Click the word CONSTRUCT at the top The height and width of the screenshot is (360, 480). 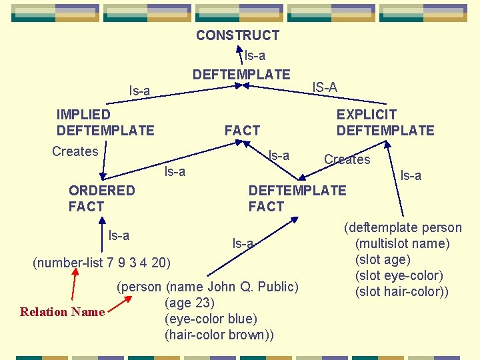[237, 35]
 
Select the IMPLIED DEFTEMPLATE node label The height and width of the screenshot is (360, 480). [105, 123]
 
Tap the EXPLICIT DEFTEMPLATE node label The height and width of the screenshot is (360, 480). [385, 123]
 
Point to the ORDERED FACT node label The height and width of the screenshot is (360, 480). [101, 199]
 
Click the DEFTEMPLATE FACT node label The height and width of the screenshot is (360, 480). [297, 199]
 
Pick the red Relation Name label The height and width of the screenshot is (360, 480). [63, 312]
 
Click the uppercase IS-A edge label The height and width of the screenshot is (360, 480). [325, 87]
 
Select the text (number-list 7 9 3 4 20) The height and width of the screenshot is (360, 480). [101, 262]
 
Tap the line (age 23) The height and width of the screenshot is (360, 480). [189, 303]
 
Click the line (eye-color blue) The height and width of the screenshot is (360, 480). [211, 319]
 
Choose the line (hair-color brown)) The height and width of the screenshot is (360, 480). [219, 335]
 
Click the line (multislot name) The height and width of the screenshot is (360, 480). [403, 244]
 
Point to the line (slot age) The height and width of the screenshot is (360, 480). [383, 260]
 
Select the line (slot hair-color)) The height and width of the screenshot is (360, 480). [402, 292]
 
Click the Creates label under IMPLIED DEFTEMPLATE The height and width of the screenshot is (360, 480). [75, 151]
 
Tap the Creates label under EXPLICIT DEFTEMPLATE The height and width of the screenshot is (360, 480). [347, 159]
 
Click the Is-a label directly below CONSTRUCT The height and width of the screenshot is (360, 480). [255, 56]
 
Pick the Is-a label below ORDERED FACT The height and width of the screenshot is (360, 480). [119, 235]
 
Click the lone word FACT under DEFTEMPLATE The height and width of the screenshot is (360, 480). [242, 131]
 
